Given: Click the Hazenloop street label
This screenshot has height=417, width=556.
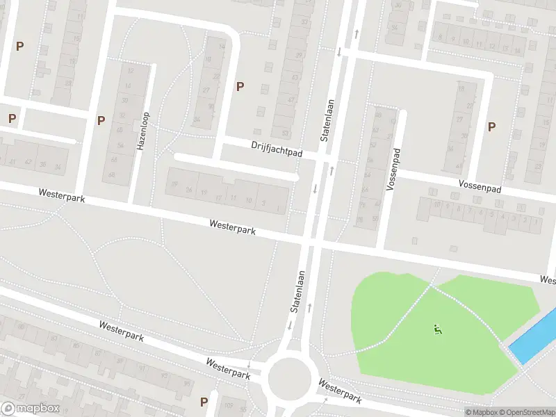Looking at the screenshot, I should pyautogui.click(x=144, y=132).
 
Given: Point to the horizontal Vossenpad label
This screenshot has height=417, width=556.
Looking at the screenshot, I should pyautogui.click(x=480, y=186).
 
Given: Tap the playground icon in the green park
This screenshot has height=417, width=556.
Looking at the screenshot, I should pyautogui.click(x=437, y=329).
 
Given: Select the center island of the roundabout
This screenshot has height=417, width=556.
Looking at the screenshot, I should pyautogui.click(x=290, y=377).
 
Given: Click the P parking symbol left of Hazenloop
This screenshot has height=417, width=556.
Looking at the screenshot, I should pyautogui.click(x=101, y=120).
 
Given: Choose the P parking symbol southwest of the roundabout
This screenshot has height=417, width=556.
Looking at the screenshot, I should pyautogui.click(x=204, y=402).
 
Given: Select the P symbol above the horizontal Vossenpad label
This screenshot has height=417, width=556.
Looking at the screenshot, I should pyautogui.click(x=492, y=126).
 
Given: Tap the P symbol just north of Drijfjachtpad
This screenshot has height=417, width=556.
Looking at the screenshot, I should pyautogui.click(x=240, y=86).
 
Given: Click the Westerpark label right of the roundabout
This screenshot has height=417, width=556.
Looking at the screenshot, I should pyautogui.click(x=341, y=391).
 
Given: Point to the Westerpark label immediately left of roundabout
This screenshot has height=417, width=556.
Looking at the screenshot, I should pyautogui.click(x=228, y=368).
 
